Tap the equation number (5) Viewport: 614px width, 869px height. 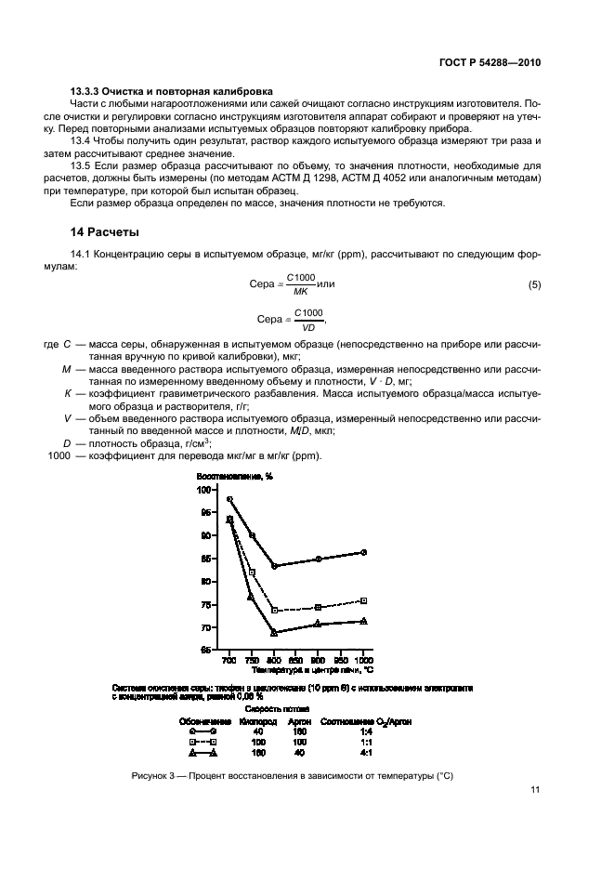point(534,284)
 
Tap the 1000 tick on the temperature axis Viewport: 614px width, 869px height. point(363,658)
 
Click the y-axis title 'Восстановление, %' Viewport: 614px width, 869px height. point(235,476)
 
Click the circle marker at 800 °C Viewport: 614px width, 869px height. point(274,566)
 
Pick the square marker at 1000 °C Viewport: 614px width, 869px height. point(363,600)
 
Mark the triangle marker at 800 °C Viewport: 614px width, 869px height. point(274,632)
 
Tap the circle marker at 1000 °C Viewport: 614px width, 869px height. point(363,552)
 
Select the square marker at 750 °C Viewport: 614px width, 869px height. point(252,573)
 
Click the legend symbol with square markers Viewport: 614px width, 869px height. point(202,743)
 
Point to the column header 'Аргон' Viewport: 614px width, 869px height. point(299,721)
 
